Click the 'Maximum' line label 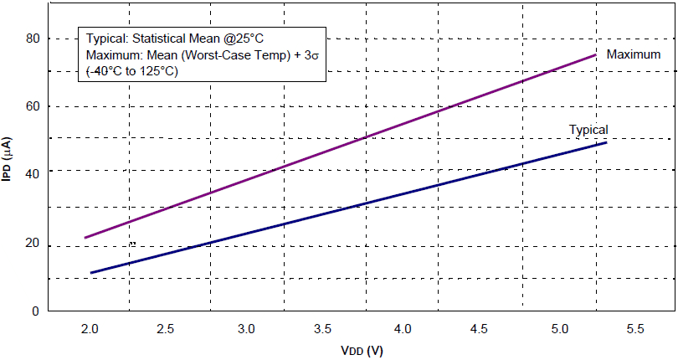pyautogui.click(x=633, y=54)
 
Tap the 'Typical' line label pyautogui.click(x=588, y=130)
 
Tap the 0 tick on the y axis pyautogui.click(x=35, y=311)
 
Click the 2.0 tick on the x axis pyautogui.click(x=90, y=328)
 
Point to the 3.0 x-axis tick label pyautogui.click(x=246, y=328)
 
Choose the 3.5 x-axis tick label pyautogui.click(x=324, y=328)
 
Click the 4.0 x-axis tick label pyautogui.click(x=403, y=328)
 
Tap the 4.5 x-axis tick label pyautogui.click(x=480, y=328)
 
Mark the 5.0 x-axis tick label pyautogui.click(x=559, y=328)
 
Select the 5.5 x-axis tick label pyautogui.click(x=637, y=328)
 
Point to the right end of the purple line pyautogui.click(x=596, y=54)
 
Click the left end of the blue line pyautogui.click(x=90, y=273)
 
